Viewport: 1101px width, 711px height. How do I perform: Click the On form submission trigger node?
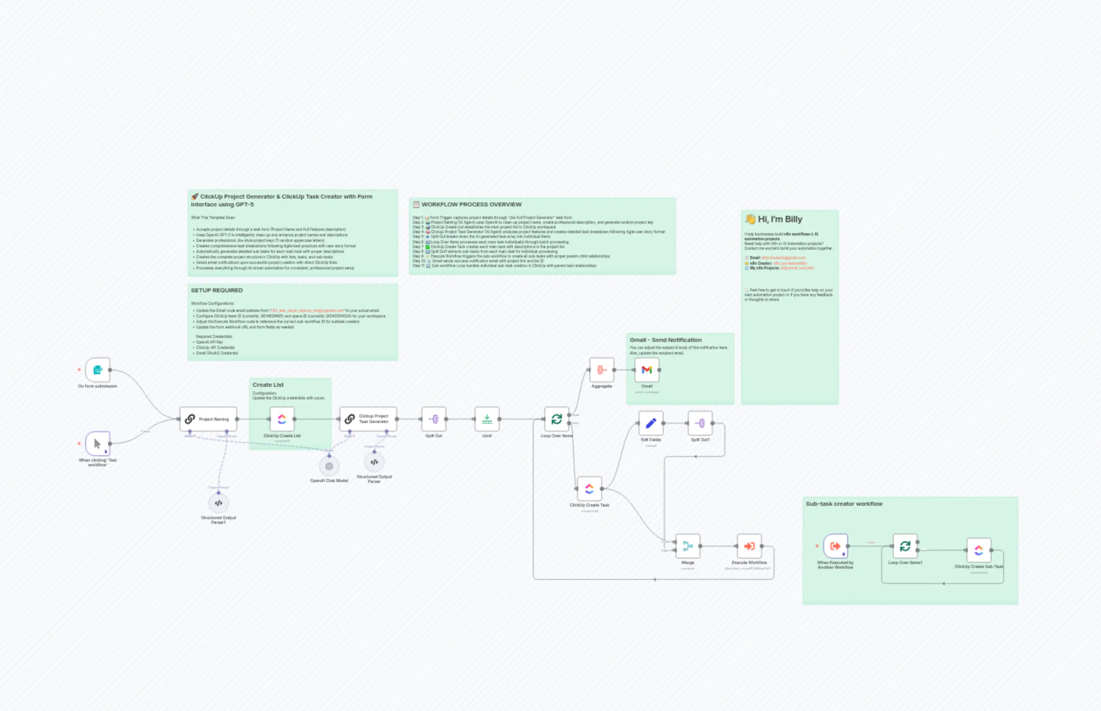click(97, 370)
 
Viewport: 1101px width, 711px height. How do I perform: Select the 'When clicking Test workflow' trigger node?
click(97, 444)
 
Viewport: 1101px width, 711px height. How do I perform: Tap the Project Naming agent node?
click(208, 419)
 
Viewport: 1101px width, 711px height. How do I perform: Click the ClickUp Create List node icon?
click(282, 419)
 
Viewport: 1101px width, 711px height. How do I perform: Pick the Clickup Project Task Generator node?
click(368, 419)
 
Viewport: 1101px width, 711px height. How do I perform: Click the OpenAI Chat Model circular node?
click(329, 466)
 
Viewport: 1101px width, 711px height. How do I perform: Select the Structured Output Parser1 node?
click(218, 503)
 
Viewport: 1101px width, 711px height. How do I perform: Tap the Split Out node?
click(433, 419)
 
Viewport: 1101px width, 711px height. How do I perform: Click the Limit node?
click(487, 419)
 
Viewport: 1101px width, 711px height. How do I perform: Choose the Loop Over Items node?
click(556, 419)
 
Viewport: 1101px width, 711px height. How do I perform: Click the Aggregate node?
click(601, 370)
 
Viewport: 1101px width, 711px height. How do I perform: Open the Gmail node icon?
click(647, 370)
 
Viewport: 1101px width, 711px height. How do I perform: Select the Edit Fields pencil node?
click(651, 423)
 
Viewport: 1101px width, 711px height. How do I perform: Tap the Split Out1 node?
click(700, 423)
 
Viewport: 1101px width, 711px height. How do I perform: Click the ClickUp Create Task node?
click(589, 489)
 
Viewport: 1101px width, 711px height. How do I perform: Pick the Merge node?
click(688, 546)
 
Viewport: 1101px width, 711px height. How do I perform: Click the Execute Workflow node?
click(749, 546)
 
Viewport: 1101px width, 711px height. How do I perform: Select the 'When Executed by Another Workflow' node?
click(835, 546)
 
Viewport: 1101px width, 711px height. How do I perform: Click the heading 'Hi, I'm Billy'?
click(779, 219)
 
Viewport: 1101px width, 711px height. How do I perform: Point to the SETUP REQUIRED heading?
click(217, 290)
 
